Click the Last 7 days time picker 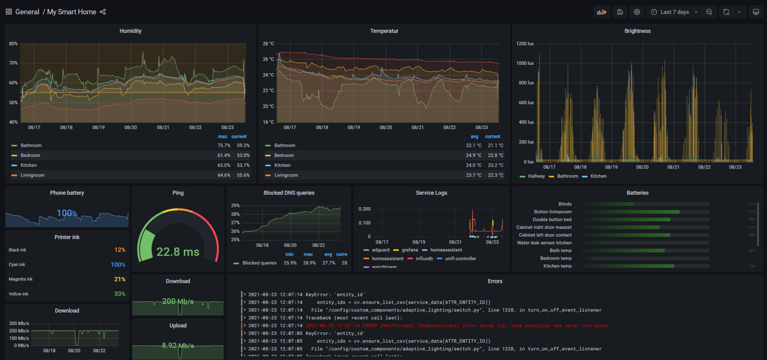(674, 12)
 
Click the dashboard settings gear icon (637, 12)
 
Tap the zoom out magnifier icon (709, 12)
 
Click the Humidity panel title (130, 31)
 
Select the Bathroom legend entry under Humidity (31, 145)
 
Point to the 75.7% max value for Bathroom (224, 145)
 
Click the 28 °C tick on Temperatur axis (268, 44)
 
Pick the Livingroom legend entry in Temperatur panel (286, 175)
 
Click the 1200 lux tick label (525, 44)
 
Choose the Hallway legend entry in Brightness (536, 176)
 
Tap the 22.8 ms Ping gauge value (178, 252)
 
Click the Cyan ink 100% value (118, 264)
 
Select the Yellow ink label (18, 294)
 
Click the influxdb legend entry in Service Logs (424, 258)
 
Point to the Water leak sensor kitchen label (544, 243)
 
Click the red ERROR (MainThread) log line (456, 326)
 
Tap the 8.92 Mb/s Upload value (178, 345)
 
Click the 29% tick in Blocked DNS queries (235, 206)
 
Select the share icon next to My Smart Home (103, 12)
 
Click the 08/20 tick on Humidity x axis (131, 127)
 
